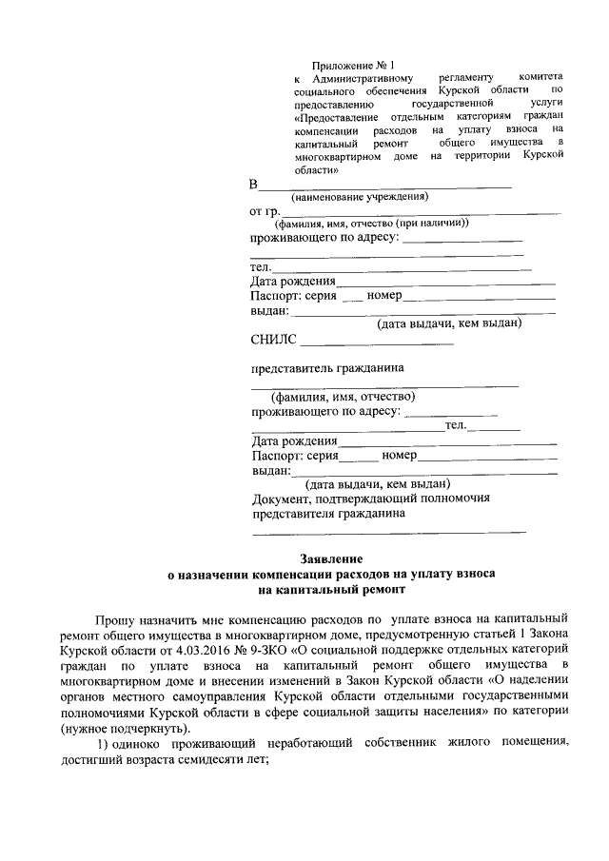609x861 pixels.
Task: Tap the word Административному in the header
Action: [361, 79]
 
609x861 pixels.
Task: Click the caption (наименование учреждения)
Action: [360, 197]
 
